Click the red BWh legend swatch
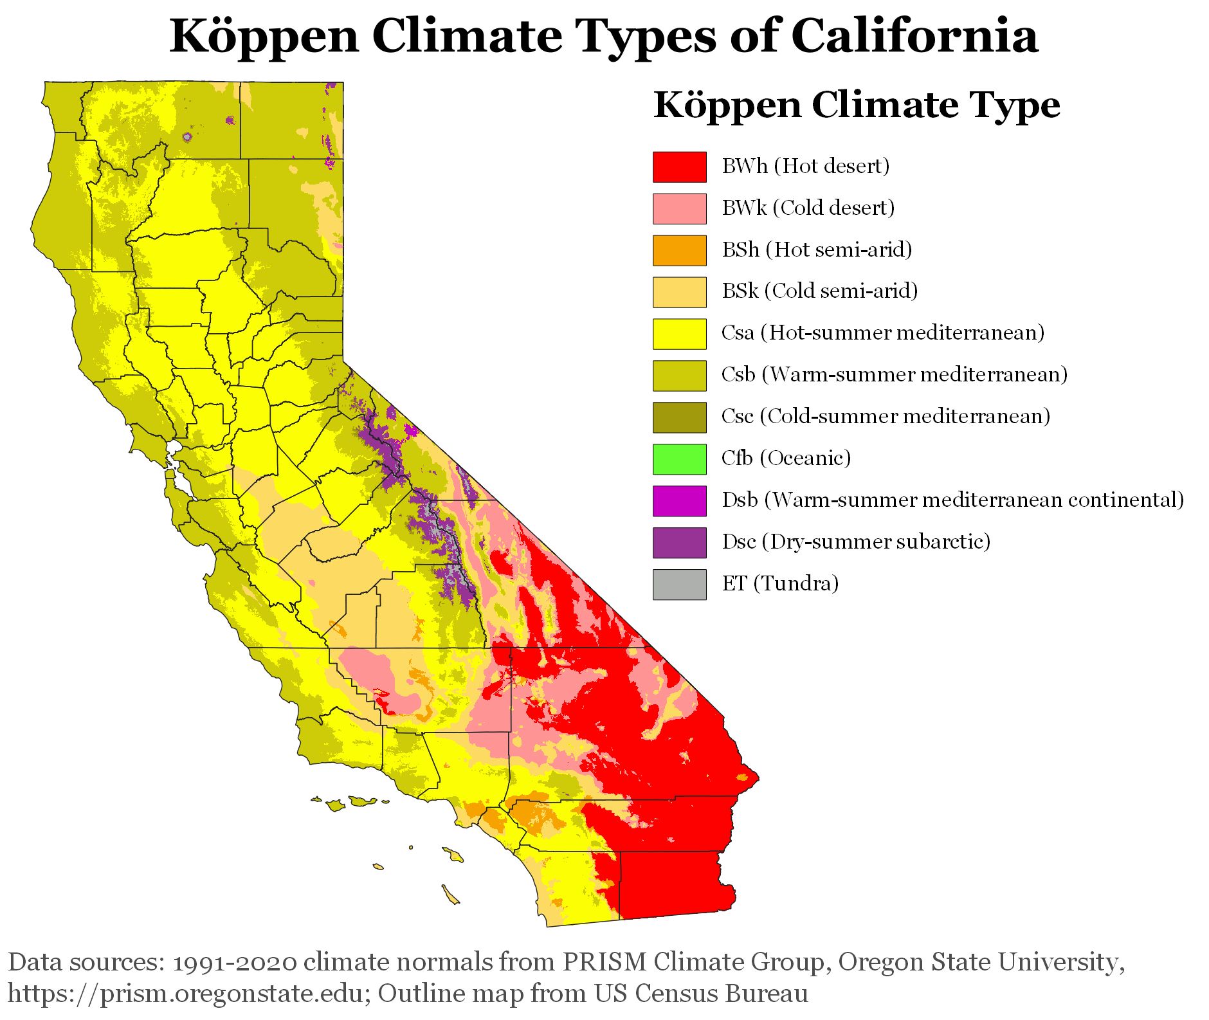pyautogui.click(x=679, y=167)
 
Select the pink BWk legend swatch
pyautogui.click(x=679, y=208)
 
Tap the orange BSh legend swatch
pyautogui.click(x=679, y=250)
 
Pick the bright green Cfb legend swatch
pyautogui.click(x=679, y=459)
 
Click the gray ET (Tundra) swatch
pyautogui.click(x=679, y=584)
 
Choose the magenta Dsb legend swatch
pyautogui.click(x=679, y=500)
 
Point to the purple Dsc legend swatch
pyautogui.click(x=679, y=542)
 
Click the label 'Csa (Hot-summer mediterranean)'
pyautogui.click(x=882, y=332)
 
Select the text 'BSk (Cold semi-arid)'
pyautogui.click(x=819, y=291)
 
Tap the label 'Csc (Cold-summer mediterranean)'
pyautogui.click(x=886, y=416)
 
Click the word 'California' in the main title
pyautogui.click(x=914, y=35)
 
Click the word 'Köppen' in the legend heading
pyautogui.click(x=727, y=105)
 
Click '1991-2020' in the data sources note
pyautogui.click(x=235, y=963)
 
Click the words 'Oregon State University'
pyautogui.click(x=981, y=963)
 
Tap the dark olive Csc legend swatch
pyautogui.click(x=679, y=417)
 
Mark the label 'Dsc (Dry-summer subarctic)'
pyautogui.click(x=855, y=542)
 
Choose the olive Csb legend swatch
pyautogui.click(x=679, y=375)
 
